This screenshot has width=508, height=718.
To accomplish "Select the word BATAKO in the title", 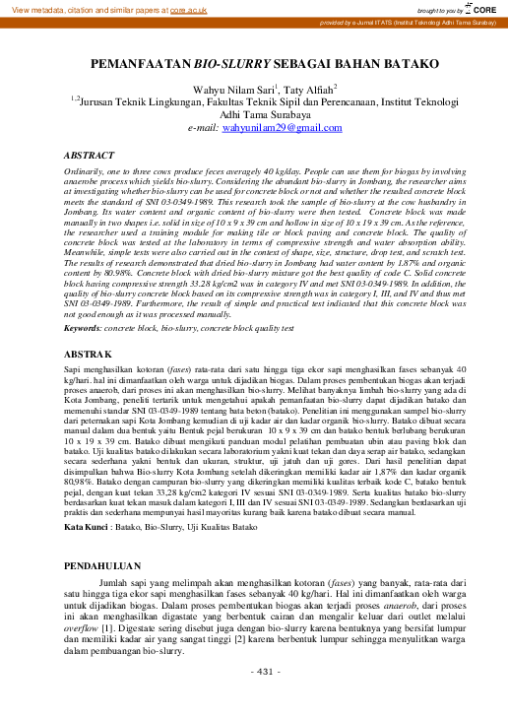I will tap(395, 63).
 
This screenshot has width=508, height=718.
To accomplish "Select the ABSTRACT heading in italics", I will tap(95, 156).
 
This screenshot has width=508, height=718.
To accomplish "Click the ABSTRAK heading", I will tap(94, 353).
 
